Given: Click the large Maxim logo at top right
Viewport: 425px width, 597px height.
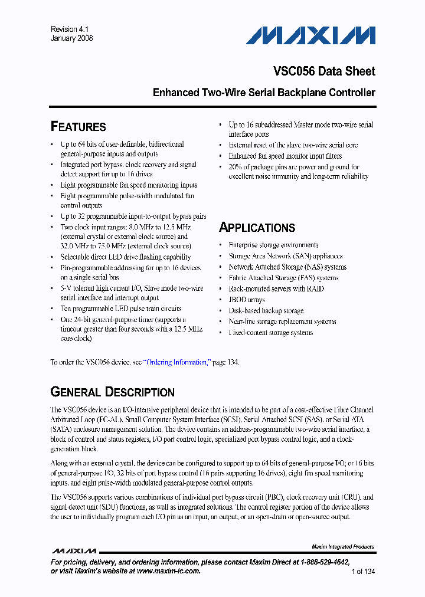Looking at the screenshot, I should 310,36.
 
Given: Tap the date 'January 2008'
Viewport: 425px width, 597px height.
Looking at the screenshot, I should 71,38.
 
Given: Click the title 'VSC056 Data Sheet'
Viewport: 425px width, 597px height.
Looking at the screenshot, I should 324,71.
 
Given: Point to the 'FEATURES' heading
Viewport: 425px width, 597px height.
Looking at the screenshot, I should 79,127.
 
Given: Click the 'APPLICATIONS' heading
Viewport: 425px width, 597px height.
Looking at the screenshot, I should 257,228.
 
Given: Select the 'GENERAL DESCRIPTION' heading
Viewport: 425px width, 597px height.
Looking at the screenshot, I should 112,392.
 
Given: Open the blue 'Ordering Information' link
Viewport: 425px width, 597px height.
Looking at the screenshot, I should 176,362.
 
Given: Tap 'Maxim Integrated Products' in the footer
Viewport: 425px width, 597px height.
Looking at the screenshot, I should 342,547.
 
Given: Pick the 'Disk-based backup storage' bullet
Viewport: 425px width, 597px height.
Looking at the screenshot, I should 266,311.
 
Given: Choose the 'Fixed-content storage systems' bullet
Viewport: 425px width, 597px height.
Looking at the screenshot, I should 271,333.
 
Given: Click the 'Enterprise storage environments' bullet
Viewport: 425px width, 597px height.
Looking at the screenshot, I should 273,245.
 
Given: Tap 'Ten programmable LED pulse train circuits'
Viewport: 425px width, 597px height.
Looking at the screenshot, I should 121,309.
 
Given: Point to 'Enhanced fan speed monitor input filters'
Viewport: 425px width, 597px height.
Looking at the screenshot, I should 285,156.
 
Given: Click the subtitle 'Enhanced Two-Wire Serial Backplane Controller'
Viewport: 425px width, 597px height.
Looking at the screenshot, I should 264,93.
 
